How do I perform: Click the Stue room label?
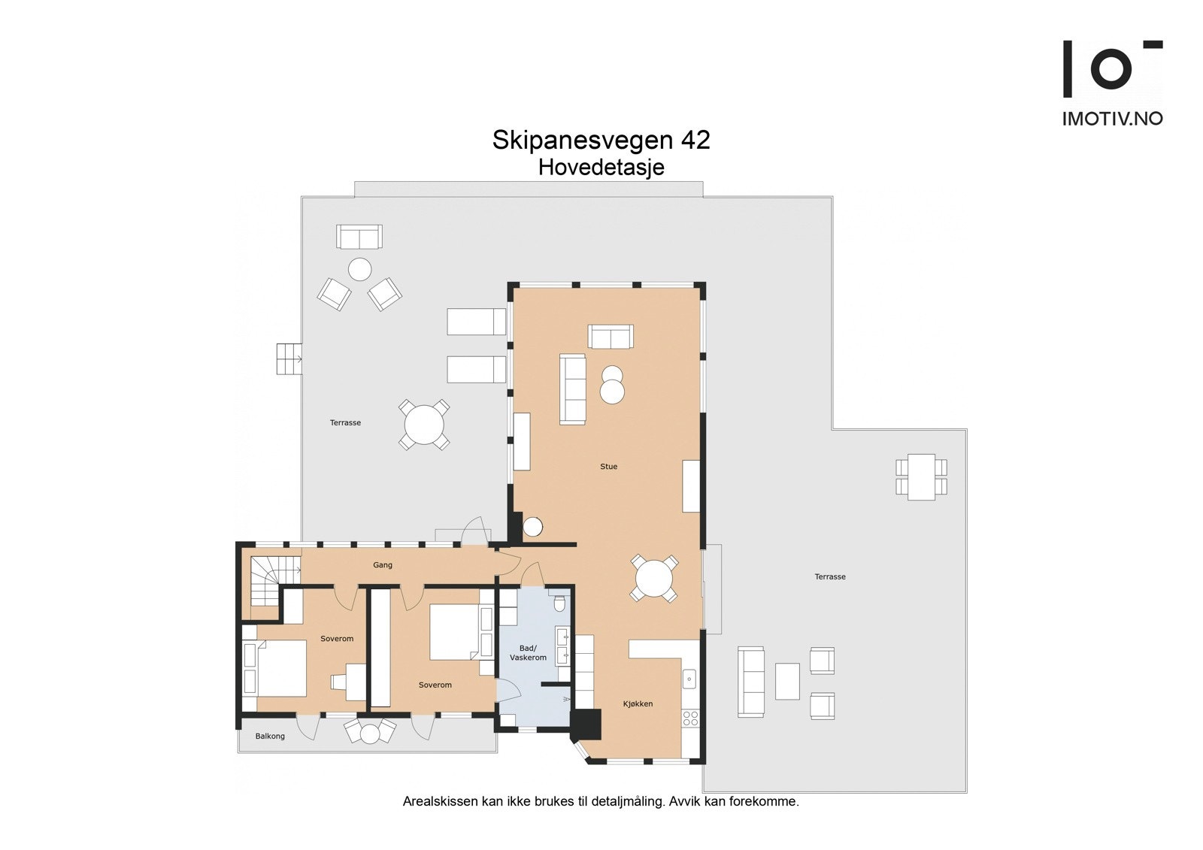[x=608, y=467]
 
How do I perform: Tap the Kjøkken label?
[x=638, y=704]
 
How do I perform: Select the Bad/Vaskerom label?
[x=528, y=653]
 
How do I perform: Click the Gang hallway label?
[x=383, y=565]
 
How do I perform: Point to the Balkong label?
[x=270, y=737]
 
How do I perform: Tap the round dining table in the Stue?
[x=654, y=579]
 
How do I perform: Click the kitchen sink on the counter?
[x=689, y=679]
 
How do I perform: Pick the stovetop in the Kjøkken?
[x=689, y=718]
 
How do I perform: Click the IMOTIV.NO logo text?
[x=1112, y=119]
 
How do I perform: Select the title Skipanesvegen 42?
[x=601, y=140]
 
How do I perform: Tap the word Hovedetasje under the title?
[x=601, y=168]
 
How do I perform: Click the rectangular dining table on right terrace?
[x=921, y=476]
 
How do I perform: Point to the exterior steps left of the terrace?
[x=289, y=358]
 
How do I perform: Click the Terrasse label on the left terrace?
[x=345, y=423]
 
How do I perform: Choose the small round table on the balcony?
[x=370, y=734]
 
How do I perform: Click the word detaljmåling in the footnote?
[x=627, y=801]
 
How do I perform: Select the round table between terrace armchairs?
[x=360, y=269]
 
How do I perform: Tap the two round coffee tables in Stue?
[x=613, y=386]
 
